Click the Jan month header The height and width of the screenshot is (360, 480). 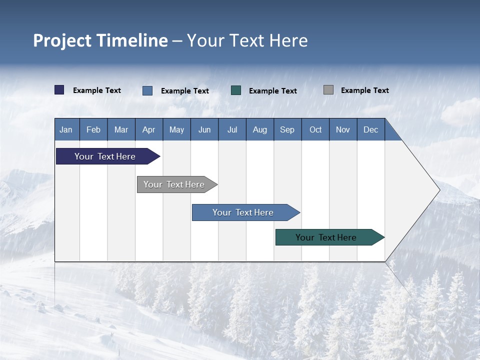pyautogui.click(x=66, y=129)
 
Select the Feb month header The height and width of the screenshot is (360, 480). pyautogui.click(x=93, y=129)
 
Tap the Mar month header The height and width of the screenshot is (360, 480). pyautogui.click(x=121, y=129)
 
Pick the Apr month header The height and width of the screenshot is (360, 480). pyautogui.click(x=149, y=129)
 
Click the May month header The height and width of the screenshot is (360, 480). pyautogui.click(x=176, y=129)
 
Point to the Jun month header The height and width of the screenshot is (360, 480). pyautogui.click(x=204, y=129)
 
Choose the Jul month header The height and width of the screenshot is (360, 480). pyautogui.click(x=232, y=129)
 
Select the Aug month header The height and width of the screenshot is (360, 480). pyautogui.click(x=260, y=129)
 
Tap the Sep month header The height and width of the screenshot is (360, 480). pyautogui.click(x=287, y=129)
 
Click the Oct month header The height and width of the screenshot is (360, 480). pyautogui.click(x=315, y=129)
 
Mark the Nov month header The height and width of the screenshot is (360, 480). pyautogui.click(x=343, y=129)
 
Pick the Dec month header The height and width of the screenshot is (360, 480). pyautogui.click(x=371, y=129)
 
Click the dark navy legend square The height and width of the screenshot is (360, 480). pyautogui.click(x=59, y=90)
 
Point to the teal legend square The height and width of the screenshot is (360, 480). pyautogui.click(x=236, y=90)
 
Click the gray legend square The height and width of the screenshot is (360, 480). pyautogui.click(x=328, y=90)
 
